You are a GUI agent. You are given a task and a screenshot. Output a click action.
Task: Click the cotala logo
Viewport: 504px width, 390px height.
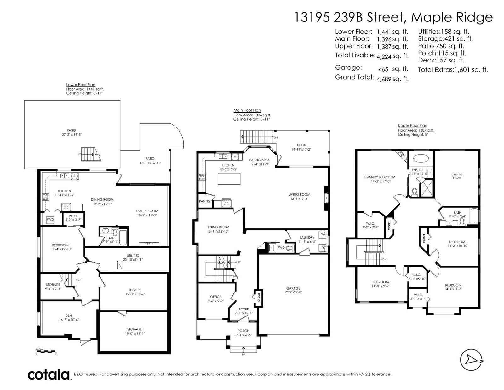pyautogui.click(x=49, y=375)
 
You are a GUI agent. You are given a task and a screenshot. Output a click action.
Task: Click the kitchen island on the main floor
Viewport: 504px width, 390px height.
pyautogui.click(x=229, y=179)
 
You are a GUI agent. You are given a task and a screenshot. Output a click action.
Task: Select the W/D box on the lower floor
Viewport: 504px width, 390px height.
pyautogui.click(x=50, y=219)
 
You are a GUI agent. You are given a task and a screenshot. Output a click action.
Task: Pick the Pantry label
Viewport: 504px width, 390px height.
pyautogui.click(x=204, y=201)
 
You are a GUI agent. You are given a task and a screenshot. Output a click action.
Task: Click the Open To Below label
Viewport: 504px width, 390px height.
pyautogui.click(x=457, y=176)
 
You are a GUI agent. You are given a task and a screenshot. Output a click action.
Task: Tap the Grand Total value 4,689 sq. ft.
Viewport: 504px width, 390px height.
pyautogui.click(x=393, y=79)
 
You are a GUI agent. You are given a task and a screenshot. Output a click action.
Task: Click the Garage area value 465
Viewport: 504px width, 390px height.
pyautogui.click(x=383, y=69)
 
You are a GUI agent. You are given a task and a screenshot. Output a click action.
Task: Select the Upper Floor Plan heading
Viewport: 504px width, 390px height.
pyautogui.click(x=412, y=126)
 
